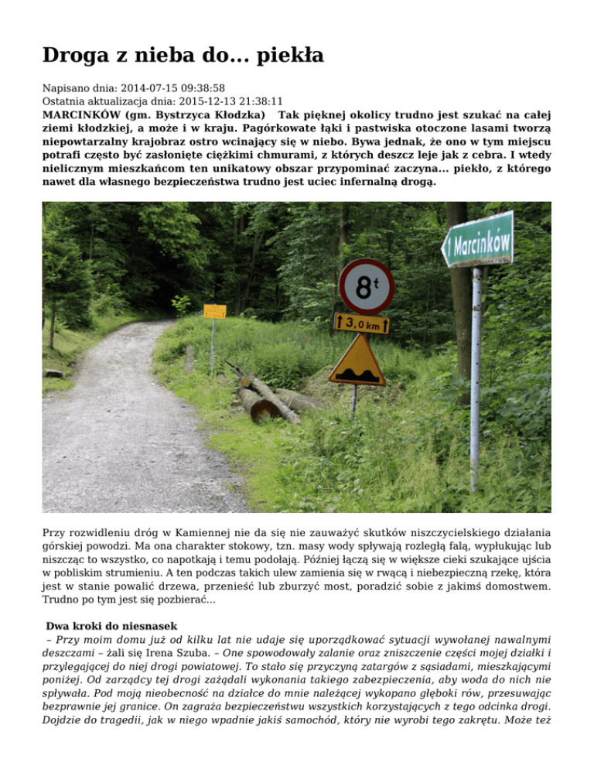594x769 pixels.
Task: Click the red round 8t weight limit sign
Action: click(366, 286)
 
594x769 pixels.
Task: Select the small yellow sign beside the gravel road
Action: click(214, 312)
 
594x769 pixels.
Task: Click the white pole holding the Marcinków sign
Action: click(476, 379)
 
